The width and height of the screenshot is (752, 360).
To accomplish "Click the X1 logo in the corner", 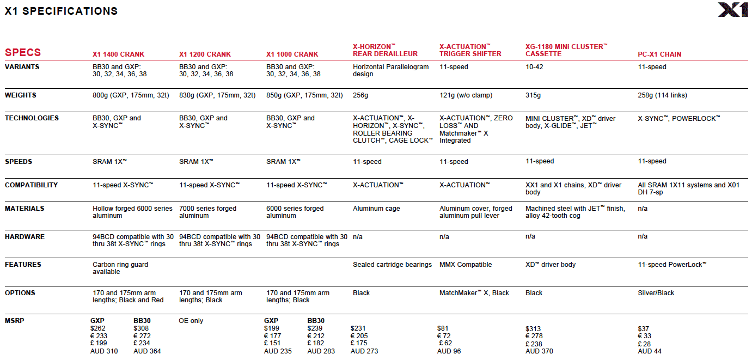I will tap(732, 10).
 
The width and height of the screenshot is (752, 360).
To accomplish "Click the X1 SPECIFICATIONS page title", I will tap(61, 11).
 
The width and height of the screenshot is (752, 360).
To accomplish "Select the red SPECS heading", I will tap(23, 52).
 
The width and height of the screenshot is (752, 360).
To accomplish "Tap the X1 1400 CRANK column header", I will tap(118, 54).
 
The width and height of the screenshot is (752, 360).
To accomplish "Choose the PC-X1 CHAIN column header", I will tap(659, 54).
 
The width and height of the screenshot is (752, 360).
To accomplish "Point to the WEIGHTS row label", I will tap(21, 95).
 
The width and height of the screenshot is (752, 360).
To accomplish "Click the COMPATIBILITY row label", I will tap(31, 185).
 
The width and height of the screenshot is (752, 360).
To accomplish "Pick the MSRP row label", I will tap(15, 321).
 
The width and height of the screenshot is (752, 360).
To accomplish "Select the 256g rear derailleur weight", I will tap(360, 95).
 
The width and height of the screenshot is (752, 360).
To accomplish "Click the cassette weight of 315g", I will tap(533, 95).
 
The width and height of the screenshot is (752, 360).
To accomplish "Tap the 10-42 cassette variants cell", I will tap(534, 67).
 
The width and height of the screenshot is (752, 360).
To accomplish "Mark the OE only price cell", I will tap(191, 321).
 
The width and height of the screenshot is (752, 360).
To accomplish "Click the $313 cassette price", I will tap(533, 328).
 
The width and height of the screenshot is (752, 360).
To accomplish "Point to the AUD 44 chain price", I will tap(650, 351).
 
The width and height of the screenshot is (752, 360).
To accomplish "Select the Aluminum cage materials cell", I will tap(376, 209).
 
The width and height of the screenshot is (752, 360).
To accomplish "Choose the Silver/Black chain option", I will tap(656, 293).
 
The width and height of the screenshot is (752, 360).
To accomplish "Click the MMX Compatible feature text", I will tap(466, 265).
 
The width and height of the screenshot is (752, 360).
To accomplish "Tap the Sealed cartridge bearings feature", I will tap(392, 265).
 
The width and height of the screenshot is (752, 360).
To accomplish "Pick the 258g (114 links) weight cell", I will tap(662, 95).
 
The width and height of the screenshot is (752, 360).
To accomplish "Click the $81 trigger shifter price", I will tap(443, 328).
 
